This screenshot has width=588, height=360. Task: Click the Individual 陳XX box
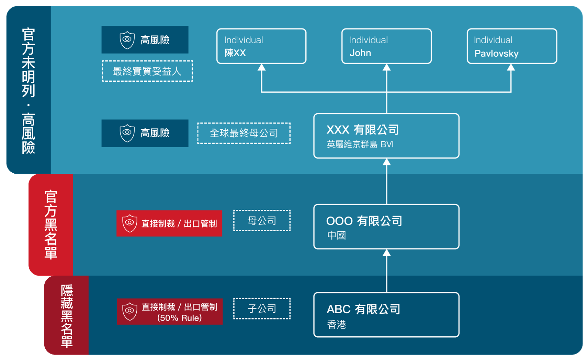pyautogui.click(x=261, y=46)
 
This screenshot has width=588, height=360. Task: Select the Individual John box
pyautogui.click(x=386, y=46)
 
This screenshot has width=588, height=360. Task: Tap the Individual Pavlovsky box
pyautogui.click(x=512, y=46)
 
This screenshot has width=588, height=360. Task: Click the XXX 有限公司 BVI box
pyautogui.click(x=386, y=136)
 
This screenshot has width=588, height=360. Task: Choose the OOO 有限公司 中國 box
pyautogui.click(x=386, y=227)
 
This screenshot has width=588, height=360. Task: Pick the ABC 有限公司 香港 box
pyautogui.click(x=386, y=315)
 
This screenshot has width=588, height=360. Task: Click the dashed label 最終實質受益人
pyautogui.click(x=147, y=71)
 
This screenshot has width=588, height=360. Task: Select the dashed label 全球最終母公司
pyautogui.click(x=244, y=133)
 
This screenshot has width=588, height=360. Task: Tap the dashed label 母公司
pyautogui.click(x=262, y=220)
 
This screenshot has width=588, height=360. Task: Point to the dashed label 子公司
pyautogui.click(x=262, y=309)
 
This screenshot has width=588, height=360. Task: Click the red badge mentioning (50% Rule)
pyautogui.click(x=170, y=312)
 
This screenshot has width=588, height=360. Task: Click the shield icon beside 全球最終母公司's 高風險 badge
pyautogui.click(x=127, y=133)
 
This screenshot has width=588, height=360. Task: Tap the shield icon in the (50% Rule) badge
pyautogui.click(x=130, y=311)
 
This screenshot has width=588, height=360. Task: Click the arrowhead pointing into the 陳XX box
pyautogui.click(x=262, y=67)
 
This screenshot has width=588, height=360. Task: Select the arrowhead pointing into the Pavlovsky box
pyautogui.click(x=511, y=67)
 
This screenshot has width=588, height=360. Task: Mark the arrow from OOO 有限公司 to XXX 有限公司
pyautogui.click(x=387, y=182)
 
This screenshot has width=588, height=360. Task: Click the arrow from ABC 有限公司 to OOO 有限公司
pyautogui.click(x=387, y=271)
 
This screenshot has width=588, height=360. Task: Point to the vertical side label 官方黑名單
pyautogui.click(x=51, y=224)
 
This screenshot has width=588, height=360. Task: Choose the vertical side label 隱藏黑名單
pyautogui.click(x=67, y=315)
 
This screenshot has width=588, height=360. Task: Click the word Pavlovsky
pyautogui.click(x=496, y=54)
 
